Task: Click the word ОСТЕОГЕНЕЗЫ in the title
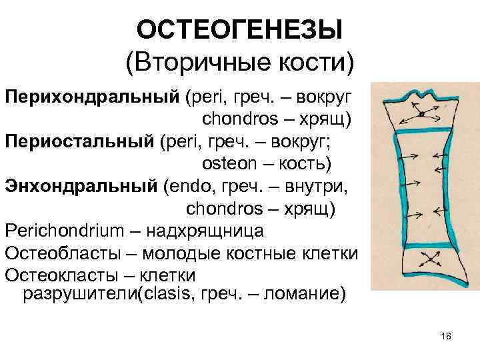[x=239, y=30]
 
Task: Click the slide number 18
[x=446, y=337]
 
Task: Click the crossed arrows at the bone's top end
[x=415, y=113]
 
